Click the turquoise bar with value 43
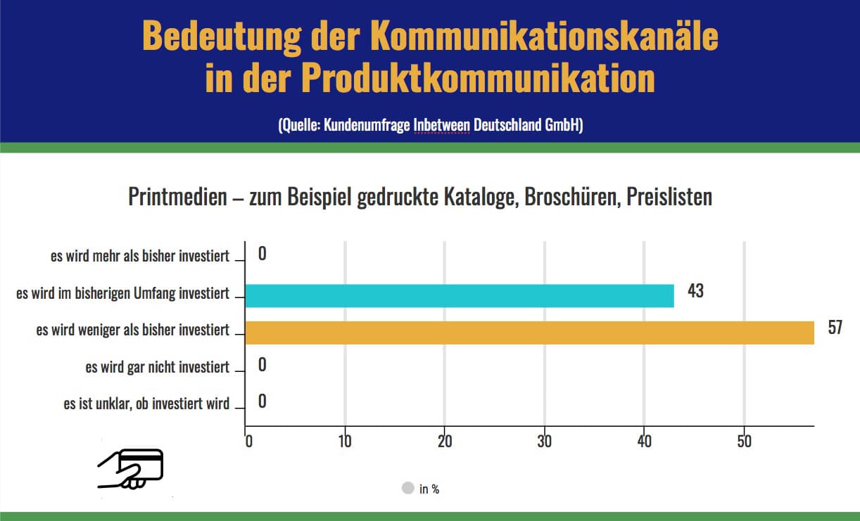pos(459,296)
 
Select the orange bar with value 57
pos(529,333)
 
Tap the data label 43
pos(695,290)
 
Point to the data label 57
pos(835,328)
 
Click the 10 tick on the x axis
pos(344,442)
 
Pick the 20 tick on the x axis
pos(444,442)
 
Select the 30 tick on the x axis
pos(544,442)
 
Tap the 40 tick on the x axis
pos(644,442)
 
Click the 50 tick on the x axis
pos(744,442)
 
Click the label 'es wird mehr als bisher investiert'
pos(140,256)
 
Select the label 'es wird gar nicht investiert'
pos(158,367)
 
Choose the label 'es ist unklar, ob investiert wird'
pos(146,404)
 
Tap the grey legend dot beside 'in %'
pos(407,488)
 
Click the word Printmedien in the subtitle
pos(175,197)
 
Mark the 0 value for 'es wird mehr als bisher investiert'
pos(262,254)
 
